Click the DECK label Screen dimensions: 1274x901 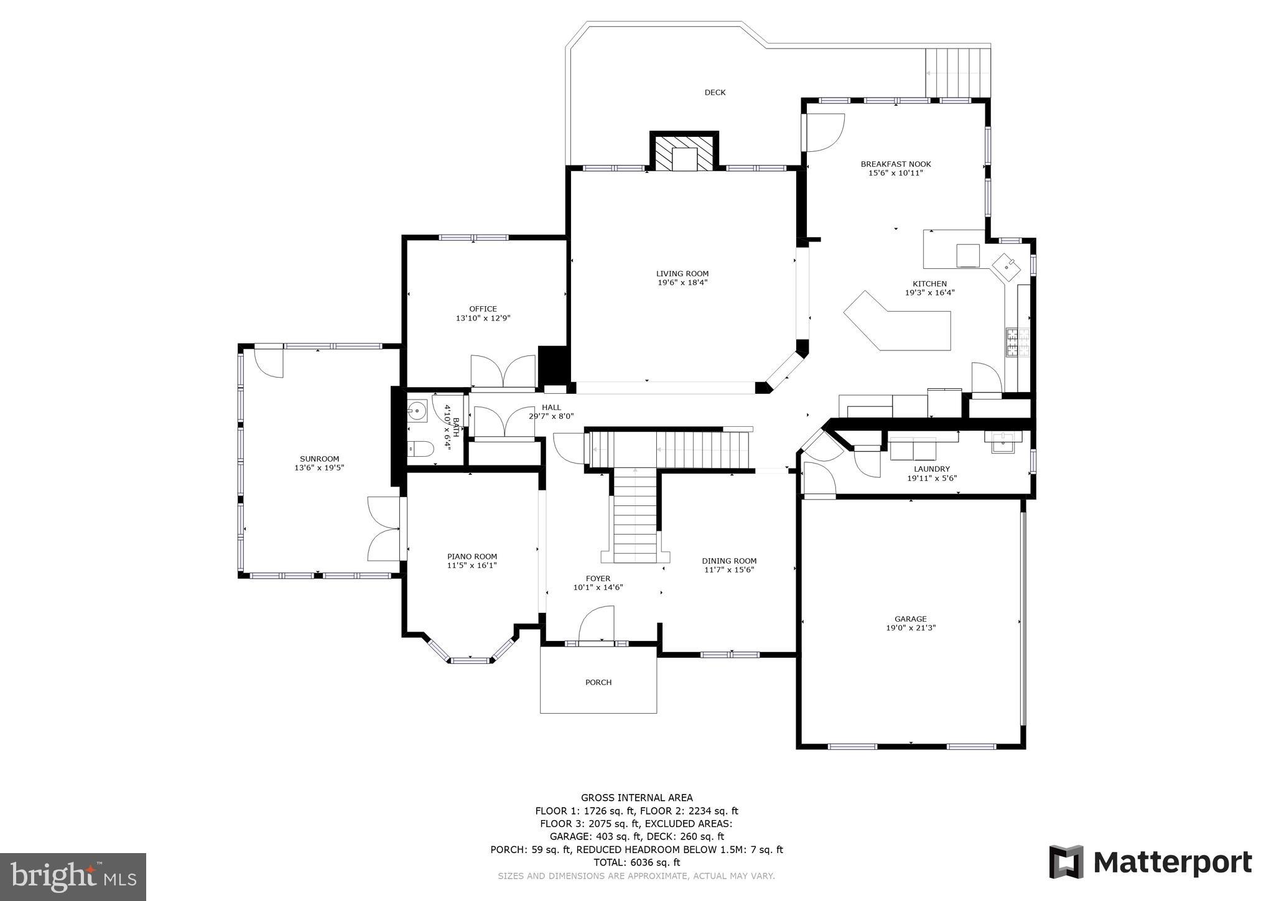(x=715, y=93)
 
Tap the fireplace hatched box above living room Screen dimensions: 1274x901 (x=684, y=152)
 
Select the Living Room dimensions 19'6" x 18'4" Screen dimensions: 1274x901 (x=682, y=282)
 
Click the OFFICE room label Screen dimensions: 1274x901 (x=483, y=309)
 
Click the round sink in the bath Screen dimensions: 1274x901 (x=417, y=411)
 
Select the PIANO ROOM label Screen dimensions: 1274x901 (x=472, y=557)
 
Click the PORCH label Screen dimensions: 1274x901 (x=598, y=683)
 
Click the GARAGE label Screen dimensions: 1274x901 (x=911, y=619)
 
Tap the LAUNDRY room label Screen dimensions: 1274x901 (x=932, y=469)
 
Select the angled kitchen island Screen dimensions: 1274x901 (x=898, y=321)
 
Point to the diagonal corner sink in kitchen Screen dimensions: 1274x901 (x=1006, y=266)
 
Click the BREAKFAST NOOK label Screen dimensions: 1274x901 (x=896, y=164)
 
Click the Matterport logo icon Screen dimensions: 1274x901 (x=1066, y=862)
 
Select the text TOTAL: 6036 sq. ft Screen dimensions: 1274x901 (x=636, y=862)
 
